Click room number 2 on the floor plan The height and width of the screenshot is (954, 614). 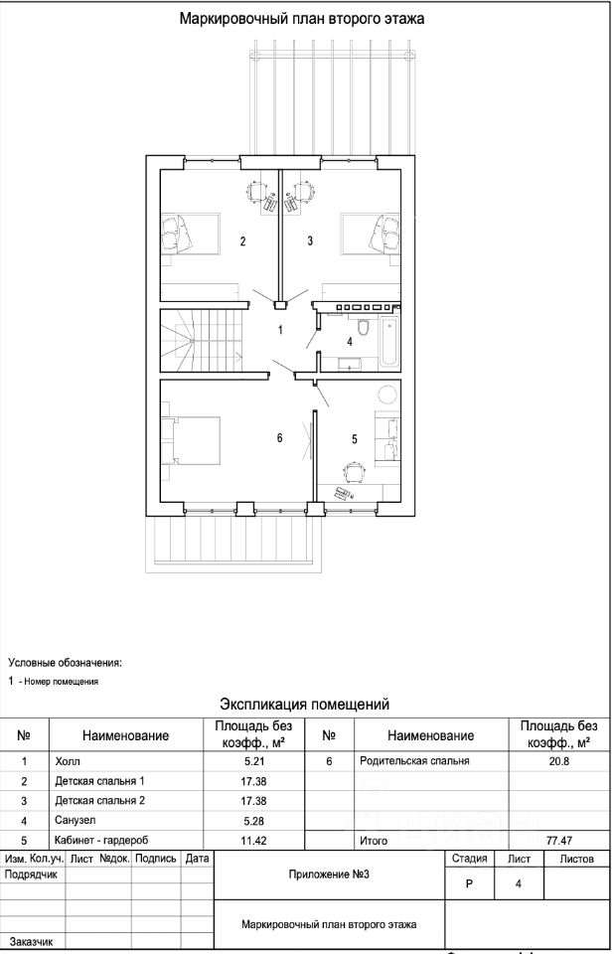[242, 241]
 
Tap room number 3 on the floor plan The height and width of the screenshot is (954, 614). [310, 240]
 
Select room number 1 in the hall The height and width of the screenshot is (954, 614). [280, 330]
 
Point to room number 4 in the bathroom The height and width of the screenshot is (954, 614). [350, 342]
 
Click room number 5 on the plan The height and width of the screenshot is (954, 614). [354, 439]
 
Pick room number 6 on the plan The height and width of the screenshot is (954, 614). [279, 438]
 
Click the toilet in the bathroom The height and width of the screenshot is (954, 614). [364, 328]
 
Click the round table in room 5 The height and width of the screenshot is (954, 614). [387, 394]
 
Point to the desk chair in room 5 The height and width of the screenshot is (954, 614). [354, 470]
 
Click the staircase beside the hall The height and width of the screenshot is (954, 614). [202, 341]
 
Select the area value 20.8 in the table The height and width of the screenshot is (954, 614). [558, 760]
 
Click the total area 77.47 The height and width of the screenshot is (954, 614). [558, 841]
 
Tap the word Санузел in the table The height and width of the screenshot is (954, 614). [75, 820]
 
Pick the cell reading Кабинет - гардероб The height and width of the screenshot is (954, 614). [101, 841]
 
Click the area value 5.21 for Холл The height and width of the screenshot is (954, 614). [253, 761]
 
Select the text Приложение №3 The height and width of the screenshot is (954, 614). [329, 874]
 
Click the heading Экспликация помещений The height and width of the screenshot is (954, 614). [304, 705]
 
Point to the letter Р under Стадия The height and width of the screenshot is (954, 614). [469, 884]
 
